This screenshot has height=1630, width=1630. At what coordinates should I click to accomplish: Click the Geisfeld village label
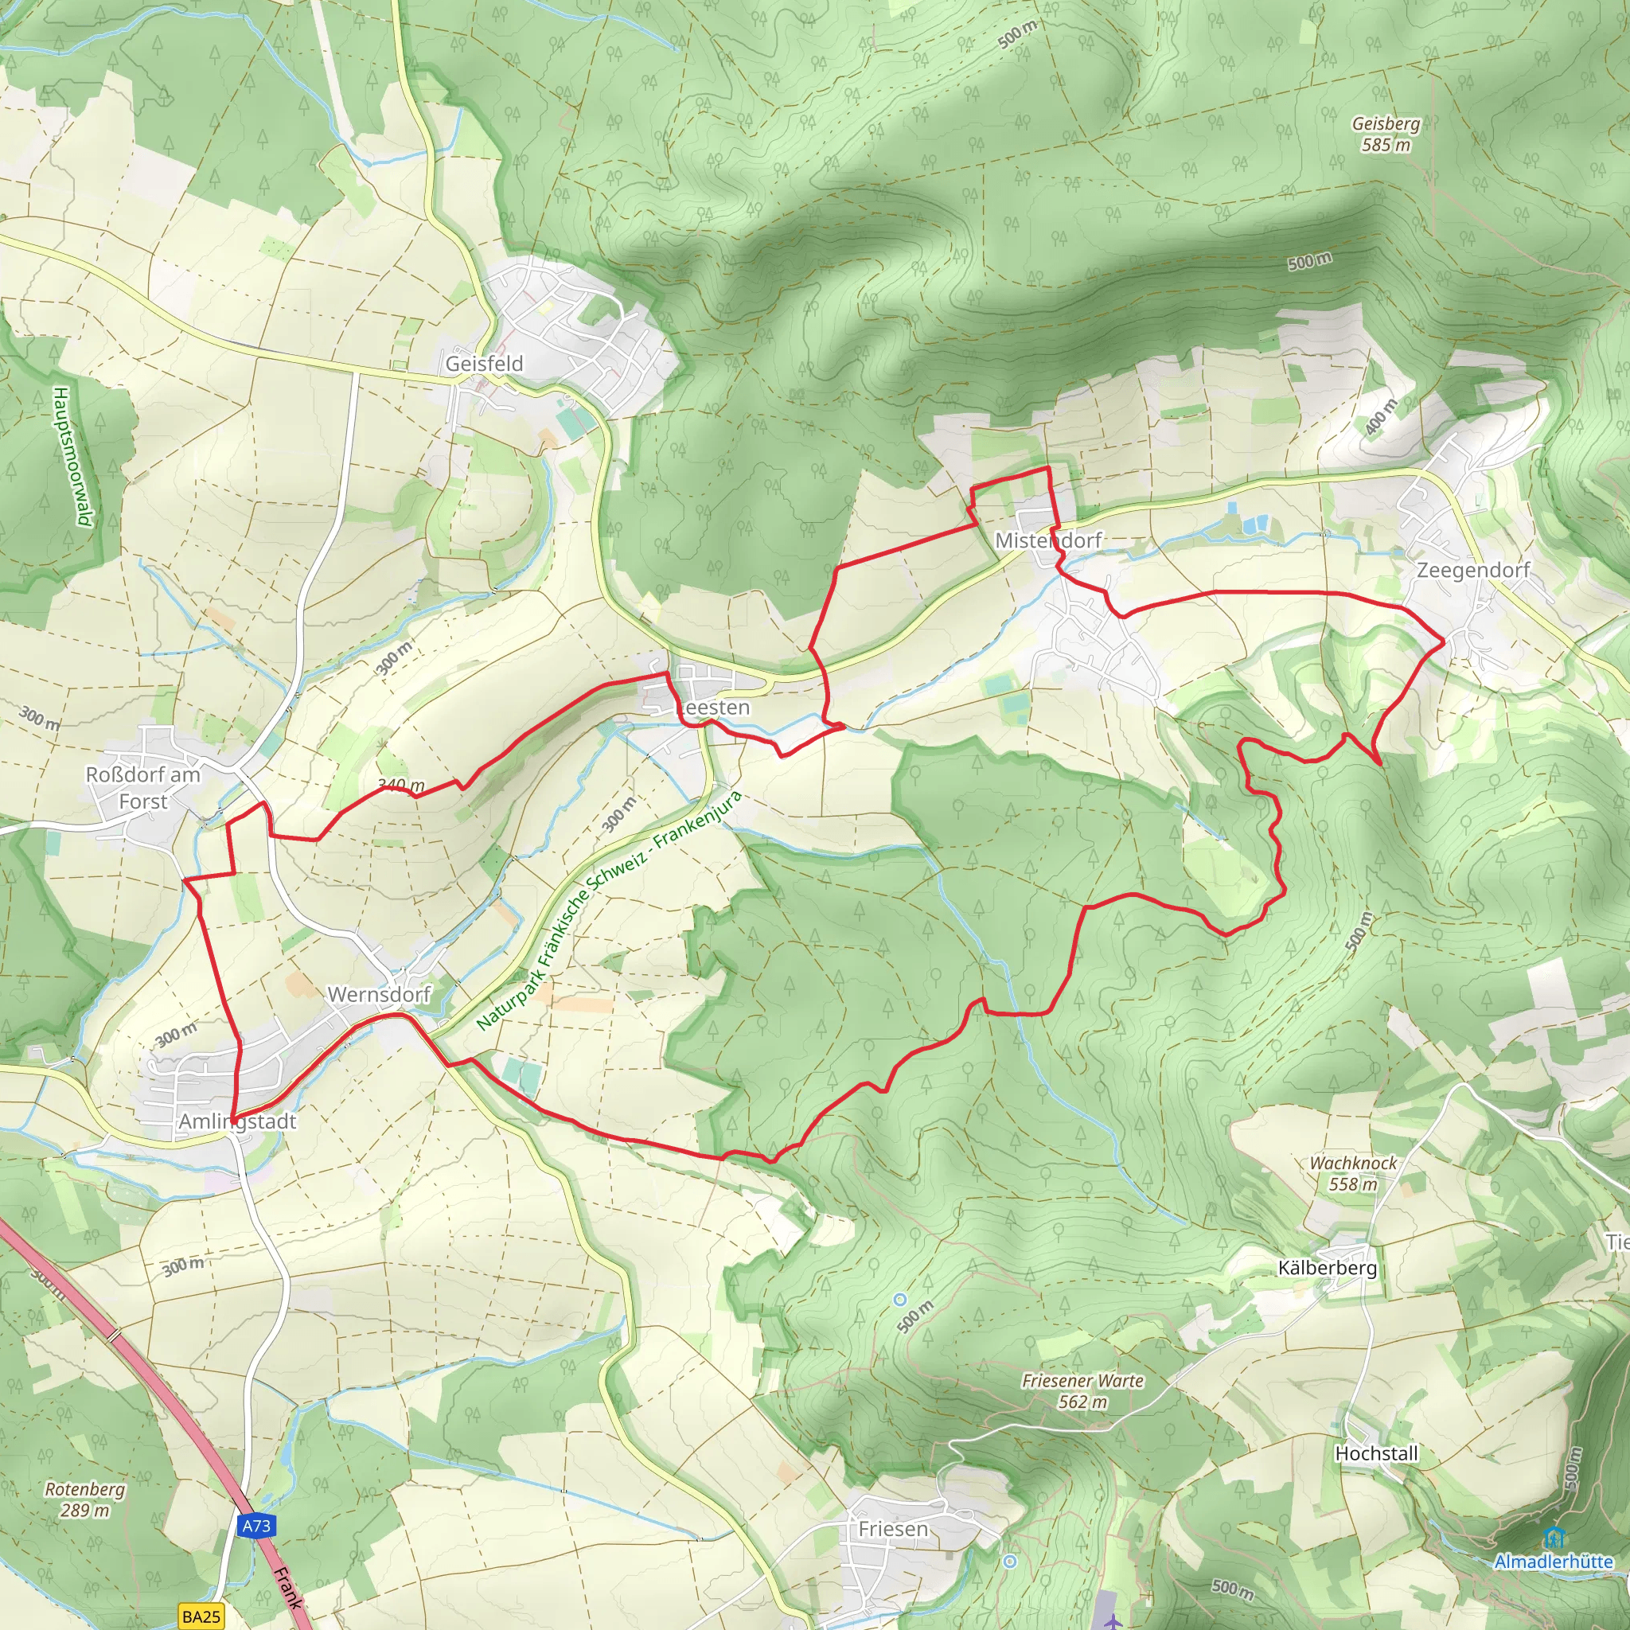(x=484, y=364)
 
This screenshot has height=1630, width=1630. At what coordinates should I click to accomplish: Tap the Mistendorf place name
(x=1048, y=540)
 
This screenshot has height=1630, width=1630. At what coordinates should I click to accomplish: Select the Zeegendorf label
(x=1472, y=571)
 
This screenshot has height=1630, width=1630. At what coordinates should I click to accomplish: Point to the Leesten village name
(x=714, y=707)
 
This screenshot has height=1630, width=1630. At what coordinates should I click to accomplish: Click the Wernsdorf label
(x=379, y=994)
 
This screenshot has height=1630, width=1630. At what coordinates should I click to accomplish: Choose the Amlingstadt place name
(x=237, y=1121)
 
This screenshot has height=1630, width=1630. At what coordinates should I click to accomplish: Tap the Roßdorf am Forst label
(x=142, y=787)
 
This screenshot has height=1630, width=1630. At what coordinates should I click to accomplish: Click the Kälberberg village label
(x=1327, y=1267)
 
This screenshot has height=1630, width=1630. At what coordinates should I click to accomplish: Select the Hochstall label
(x=1376, y=1453)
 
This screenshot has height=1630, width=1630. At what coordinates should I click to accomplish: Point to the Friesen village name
(x=893, y=1529)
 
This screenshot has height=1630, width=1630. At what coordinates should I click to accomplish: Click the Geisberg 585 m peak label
(x=1386, y=133)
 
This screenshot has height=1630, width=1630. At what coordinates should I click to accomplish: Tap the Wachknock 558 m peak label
(x=1352, y=1172)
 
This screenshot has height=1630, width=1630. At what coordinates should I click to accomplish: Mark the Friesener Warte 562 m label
(x=1082, y=1391)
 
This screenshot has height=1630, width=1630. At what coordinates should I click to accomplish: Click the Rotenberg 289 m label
(x=84, y=1499)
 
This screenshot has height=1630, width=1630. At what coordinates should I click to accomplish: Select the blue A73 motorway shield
(x=255, y=1526)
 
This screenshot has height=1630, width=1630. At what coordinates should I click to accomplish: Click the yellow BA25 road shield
(x=201, y=1616)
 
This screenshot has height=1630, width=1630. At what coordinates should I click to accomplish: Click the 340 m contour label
(x=402, y=786)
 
